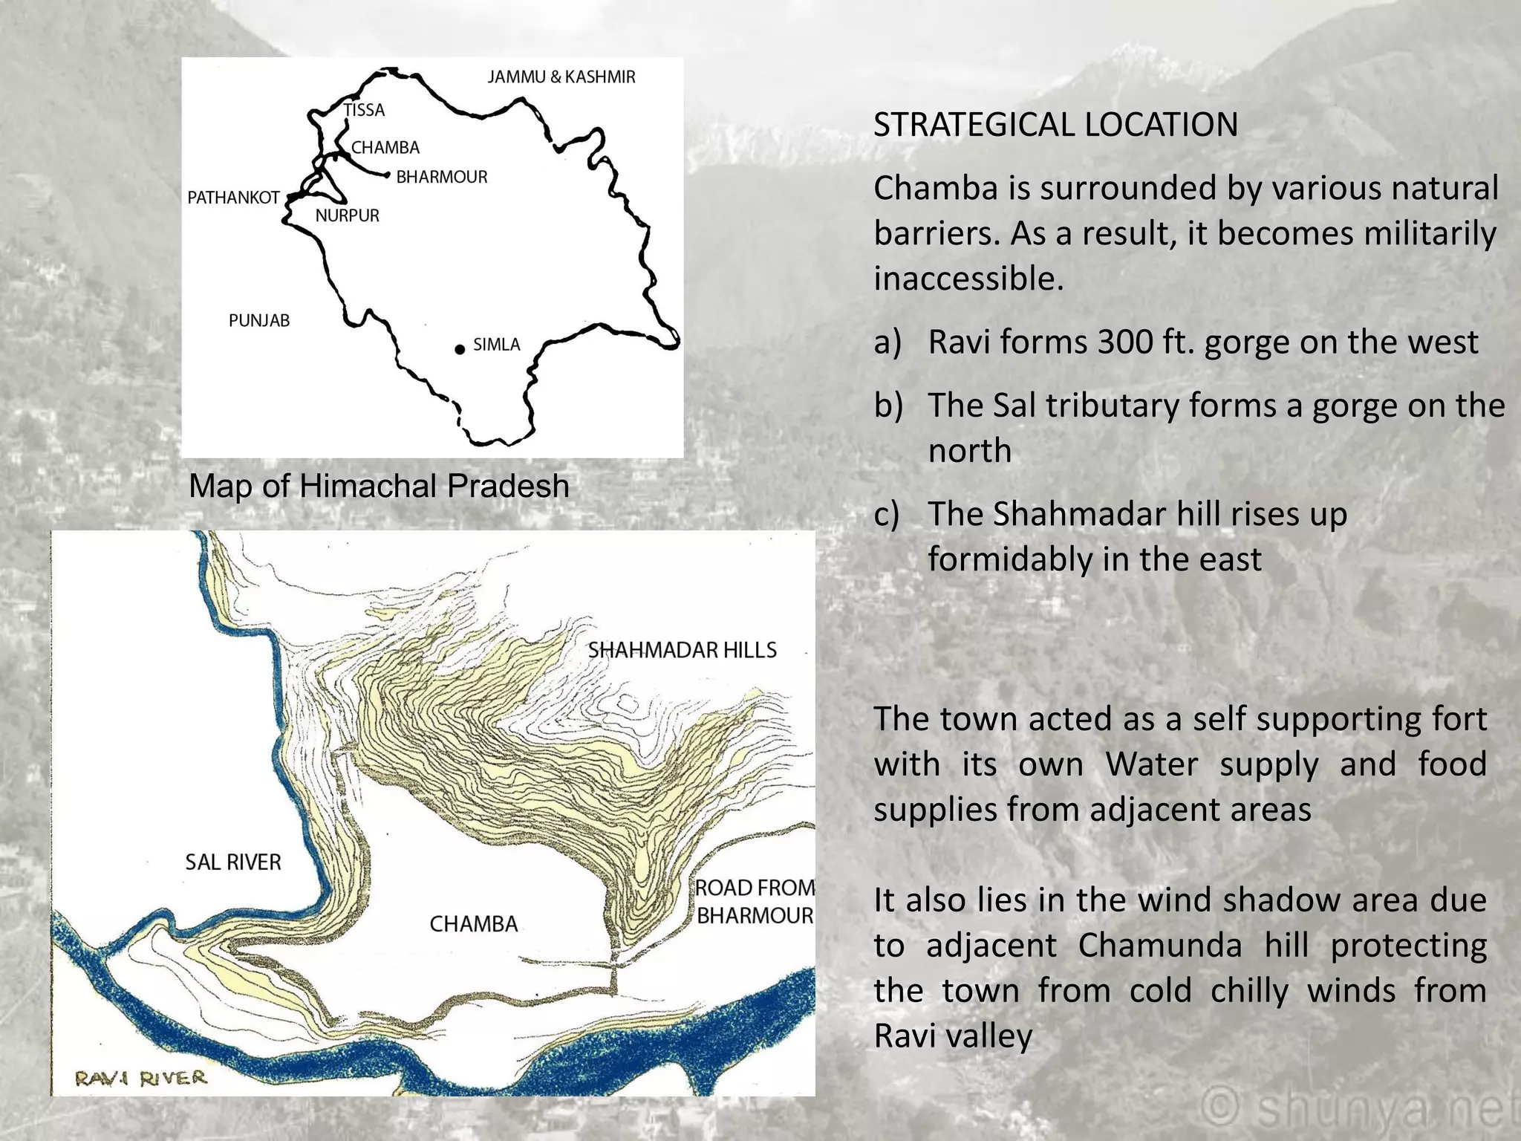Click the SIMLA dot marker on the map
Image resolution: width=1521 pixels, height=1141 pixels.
pos(460,349)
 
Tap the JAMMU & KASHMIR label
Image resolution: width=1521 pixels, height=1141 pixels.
pos(561,77)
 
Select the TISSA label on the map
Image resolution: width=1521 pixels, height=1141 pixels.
pos(364,110)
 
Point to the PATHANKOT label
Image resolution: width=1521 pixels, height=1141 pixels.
pos(233,198)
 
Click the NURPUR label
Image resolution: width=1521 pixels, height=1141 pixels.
pos(347,215)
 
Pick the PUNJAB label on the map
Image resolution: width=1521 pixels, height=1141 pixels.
pos(258,320)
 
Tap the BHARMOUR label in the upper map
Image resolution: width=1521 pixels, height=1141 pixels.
pos(442,177)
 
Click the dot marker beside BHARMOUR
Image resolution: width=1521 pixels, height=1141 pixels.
pos(387,175)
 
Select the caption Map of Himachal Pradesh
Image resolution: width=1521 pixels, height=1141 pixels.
pos(379,486)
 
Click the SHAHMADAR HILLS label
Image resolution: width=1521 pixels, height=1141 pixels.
pos(682,650)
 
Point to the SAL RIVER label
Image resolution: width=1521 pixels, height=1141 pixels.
pos(233,862)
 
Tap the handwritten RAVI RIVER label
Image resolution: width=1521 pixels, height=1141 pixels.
pos(140,1078)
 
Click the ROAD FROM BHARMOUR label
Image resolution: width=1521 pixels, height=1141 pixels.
pos(755,901)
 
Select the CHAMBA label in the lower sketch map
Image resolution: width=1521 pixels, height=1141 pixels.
pos(474,923)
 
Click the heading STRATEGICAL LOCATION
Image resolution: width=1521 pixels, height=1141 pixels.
pos(1055,124)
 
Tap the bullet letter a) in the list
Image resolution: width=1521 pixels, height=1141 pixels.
pos(887,342)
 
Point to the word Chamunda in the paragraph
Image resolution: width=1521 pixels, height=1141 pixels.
pos(1159,945)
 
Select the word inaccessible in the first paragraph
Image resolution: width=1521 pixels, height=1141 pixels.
pos(968,279)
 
